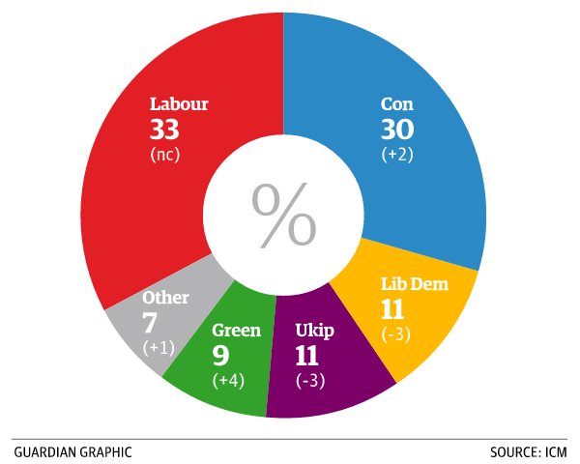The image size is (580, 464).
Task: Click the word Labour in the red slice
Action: (179, 103)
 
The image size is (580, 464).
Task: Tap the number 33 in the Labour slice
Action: (165, 129)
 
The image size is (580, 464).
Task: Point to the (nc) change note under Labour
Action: (166, 154)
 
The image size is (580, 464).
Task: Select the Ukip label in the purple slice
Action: (314, 331)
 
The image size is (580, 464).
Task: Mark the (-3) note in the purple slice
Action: (309, 379)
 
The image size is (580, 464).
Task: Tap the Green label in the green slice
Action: (236, 331)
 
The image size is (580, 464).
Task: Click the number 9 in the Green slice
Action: (220, 355)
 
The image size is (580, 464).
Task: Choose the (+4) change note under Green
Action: (228, 379)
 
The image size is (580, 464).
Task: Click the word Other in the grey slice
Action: (165, 298)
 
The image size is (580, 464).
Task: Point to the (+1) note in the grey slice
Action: (158, 345)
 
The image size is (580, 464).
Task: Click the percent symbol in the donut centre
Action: (283, 213)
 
